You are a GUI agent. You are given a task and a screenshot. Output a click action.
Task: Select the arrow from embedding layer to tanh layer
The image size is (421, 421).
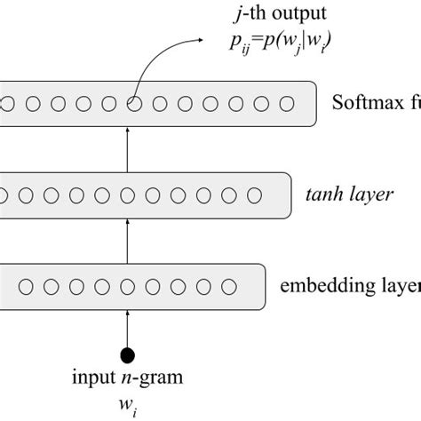(128, 240)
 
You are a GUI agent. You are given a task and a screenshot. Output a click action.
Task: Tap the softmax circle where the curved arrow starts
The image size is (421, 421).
(133, 104)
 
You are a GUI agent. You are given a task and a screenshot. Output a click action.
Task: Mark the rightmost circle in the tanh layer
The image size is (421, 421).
(255, 195)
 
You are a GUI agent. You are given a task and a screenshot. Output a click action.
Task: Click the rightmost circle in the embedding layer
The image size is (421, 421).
(229, 286)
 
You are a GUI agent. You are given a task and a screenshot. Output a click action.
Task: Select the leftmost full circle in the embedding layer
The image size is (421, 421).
(25, 286)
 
